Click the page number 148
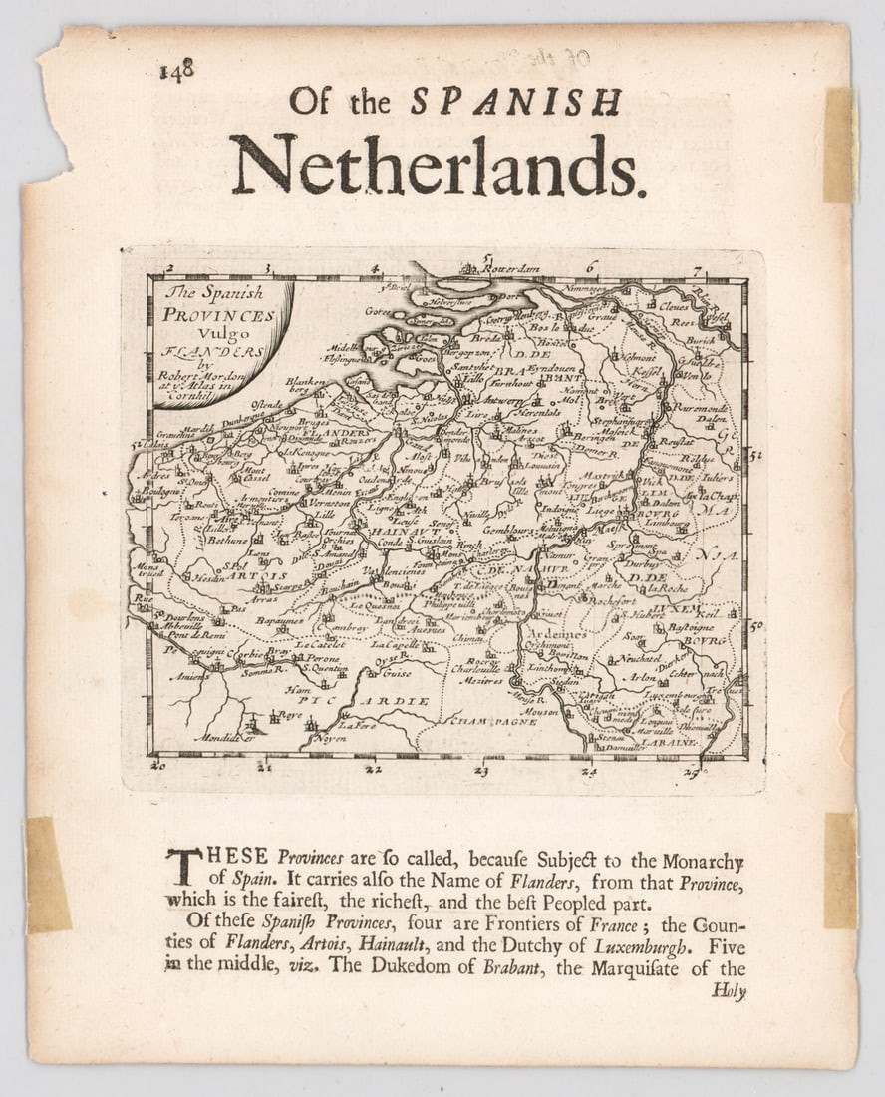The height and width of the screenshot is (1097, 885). coord(175,70)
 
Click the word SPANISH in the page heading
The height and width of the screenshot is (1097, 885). coord(516,102)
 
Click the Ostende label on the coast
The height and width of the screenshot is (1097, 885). coord(267,405)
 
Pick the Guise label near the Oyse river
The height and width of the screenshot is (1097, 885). coord(397,673)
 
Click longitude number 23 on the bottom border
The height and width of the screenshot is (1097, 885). coord(481,770)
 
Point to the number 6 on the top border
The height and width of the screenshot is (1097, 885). coord(591,266)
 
